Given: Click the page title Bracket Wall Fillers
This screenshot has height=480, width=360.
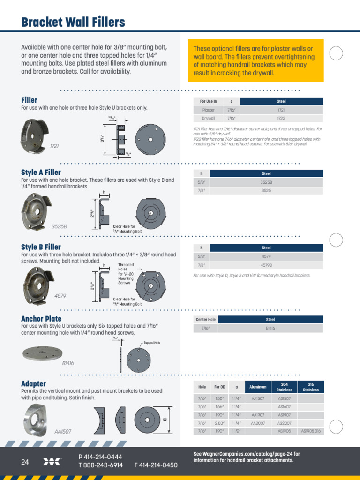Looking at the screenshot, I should coord(73,22).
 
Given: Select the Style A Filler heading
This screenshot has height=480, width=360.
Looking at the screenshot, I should coord(41,172).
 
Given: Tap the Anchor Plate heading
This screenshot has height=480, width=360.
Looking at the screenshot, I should coord(41,319).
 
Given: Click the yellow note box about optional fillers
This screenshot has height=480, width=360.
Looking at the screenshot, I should coord(255,61).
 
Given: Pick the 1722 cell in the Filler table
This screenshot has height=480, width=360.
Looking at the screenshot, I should coord(281,119).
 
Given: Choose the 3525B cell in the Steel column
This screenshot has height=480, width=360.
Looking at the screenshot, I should coord(266,182).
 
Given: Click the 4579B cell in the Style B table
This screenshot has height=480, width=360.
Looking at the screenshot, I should coord(266,265).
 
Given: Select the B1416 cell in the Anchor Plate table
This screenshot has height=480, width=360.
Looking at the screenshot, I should coord(270,329).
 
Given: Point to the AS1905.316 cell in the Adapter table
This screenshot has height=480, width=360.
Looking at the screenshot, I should coord(311,431).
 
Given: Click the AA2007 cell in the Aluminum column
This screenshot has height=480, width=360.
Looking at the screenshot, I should coord(258,423).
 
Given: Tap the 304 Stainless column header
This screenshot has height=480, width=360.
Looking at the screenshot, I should coord(284,387).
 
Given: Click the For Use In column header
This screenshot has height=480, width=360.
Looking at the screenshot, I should coord(208,101).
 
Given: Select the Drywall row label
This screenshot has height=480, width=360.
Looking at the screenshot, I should coord(208,119).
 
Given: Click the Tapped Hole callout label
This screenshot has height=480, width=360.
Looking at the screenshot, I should coord(151,343).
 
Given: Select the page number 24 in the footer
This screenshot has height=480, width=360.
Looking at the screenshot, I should coord(25,462).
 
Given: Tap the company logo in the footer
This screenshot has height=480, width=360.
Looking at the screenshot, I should coord(52,462).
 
